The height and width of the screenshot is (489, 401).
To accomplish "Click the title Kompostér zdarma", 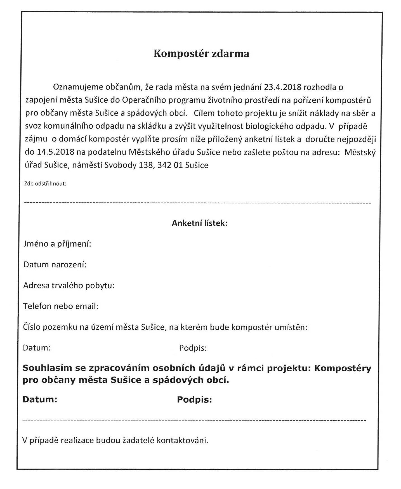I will pos(201,53).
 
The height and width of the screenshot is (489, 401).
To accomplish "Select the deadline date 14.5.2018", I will pos(55,152).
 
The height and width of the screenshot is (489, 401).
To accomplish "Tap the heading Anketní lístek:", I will pos(199,223).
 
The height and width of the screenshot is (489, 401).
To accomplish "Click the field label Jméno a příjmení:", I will pos(57,244).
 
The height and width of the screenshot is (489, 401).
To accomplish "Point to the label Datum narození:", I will pos(55,264).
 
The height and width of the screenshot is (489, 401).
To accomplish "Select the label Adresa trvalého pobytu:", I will pos(69,285).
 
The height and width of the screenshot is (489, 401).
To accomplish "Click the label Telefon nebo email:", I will pos(61,306).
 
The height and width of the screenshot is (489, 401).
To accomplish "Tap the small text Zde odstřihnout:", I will pos(45,184).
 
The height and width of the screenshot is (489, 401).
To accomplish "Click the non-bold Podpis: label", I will pos(193,348).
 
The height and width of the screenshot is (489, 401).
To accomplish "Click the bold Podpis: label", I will pos(194,400).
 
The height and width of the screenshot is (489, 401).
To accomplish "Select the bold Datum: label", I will pos(40,400).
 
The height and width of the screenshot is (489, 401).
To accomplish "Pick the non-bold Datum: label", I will pos(37,348).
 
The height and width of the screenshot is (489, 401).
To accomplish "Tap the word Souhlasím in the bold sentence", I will pos(46,368).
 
